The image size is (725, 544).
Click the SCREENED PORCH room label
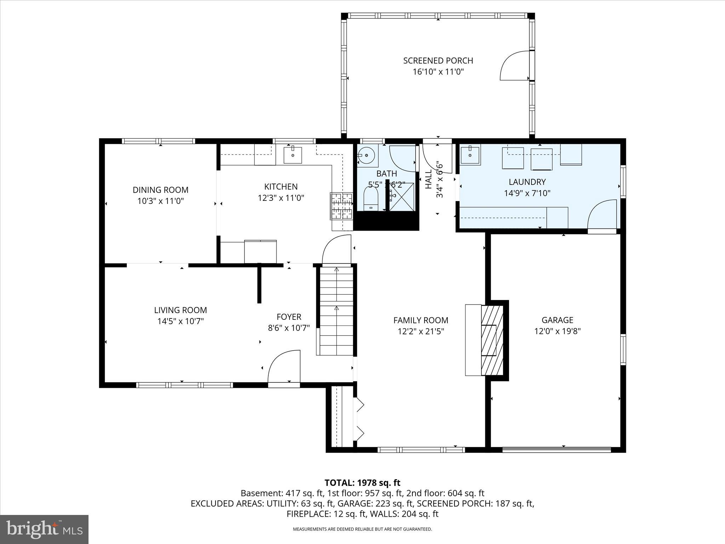[x=438, y=61]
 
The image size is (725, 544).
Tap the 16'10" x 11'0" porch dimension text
[x=438, y=72]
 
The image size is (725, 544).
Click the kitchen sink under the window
[x=293, y=155]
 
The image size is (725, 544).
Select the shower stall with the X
[x=402, y=197]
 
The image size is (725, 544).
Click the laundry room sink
[x=470, y=155]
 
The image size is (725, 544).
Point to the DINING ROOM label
[x=160, y=190]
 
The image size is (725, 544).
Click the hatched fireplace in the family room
[x=492, y=340]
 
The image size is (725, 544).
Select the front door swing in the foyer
[x=284, y=367]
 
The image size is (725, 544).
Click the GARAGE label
[x=557, y=320]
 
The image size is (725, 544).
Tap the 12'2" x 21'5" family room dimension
[x=421, y=331]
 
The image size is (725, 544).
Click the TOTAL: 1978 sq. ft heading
[x=362, y=483]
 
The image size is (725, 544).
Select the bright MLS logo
[x=44, y=529]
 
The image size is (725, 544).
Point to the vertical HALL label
[x=428, y=179]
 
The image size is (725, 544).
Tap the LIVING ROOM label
[x=180, y=310]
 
